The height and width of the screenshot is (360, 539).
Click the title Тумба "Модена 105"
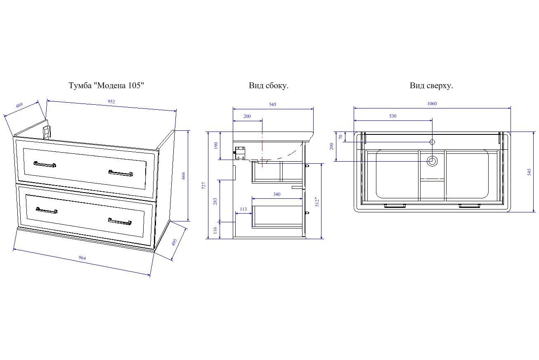(x=106, y=86)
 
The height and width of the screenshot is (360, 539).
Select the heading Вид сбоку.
(x=268, y=86)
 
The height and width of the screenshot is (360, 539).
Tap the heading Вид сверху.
(x=431, y=86)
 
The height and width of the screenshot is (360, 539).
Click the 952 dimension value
(x=111, y=102)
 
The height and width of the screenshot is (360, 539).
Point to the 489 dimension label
(x=19, y=106)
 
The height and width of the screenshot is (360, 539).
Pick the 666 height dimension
(x=184, y=176)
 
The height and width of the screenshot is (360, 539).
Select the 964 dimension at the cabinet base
(x=83, y=258)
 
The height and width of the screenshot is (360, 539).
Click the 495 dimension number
(x=175, y=242)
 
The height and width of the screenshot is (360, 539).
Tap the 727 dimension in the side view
(x=203, y=186)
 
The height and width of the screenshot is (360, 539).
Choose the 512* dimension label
(x=317, y=201)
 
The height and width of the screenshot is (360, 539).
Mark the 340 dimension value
(x=277, y=194)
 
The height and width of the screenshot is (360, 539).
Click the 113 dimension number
(x=243, y=209)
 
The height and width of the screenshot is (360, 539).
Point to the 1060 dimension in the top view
(x=432, y=104)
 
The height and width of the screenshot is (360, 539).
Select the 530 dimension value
(x=392, y=116)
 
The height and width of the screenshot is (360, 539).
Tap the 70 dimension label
(x=341, y=136)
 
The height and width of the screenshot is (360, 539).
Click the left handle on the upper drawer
(x=45, y=165)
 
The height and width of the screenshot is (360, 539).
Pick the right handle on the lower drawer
(x=120, y=222)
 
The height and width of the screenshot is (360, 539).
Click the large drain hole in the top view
(x=432, y=161)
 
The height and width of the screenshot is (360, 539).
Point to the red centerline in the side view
(x=262, y=148)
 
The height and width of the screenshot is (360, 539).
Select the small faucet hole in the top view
(x=432, y=142)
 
